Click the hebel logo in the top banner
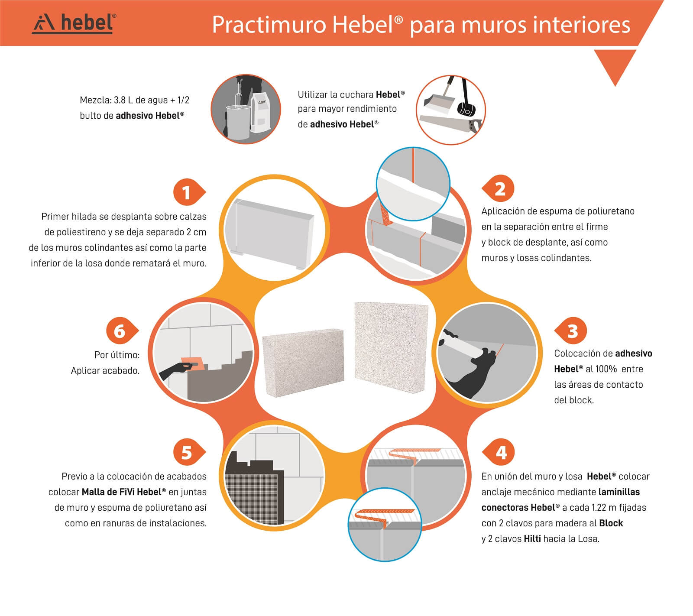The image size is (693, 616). click(x=74, y=23)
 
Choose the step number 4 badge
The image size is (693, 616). click(x=498, y=452)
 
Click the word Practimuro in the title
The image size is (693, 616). click(x=269, y=25)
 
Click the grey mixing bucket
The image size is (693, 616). click(x=238, y=121)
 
